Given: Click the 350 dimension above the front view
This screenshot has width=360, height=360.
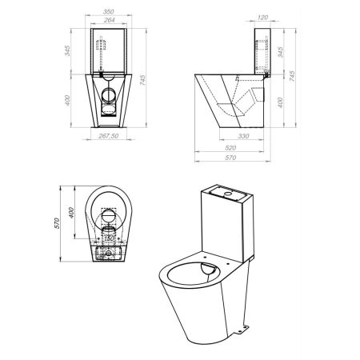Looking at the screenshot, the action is [x=109, y=12].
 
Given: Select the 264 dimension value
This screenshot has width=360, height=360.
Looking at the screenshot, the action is [x=109, y=20].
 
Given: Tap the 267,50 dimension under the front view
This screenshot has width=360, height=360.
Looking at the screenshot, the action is [x=109, y=136].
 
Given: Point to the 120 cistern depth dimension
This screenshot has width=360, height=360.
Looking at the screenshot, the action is [x=262, y=18].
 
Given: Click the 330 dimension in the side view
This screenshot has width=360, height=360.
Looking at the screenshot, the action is [x=243, y=136].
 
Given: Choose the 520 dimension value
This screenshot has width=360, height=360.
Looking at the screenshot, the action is [x=230, y=148].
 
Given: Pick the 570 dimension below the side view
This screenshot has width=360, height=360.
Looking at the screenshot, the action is [x=230, y=158].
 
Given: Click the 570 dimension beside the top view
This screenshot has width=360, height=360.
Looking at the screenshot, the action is [x=57, y=223].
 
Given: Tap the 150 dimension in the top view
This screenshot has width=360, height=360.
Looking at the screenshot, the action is [x=109, y=238].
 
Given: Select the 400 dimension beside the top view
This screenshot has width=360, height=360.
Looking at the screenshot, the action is [x=71, y=213].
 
